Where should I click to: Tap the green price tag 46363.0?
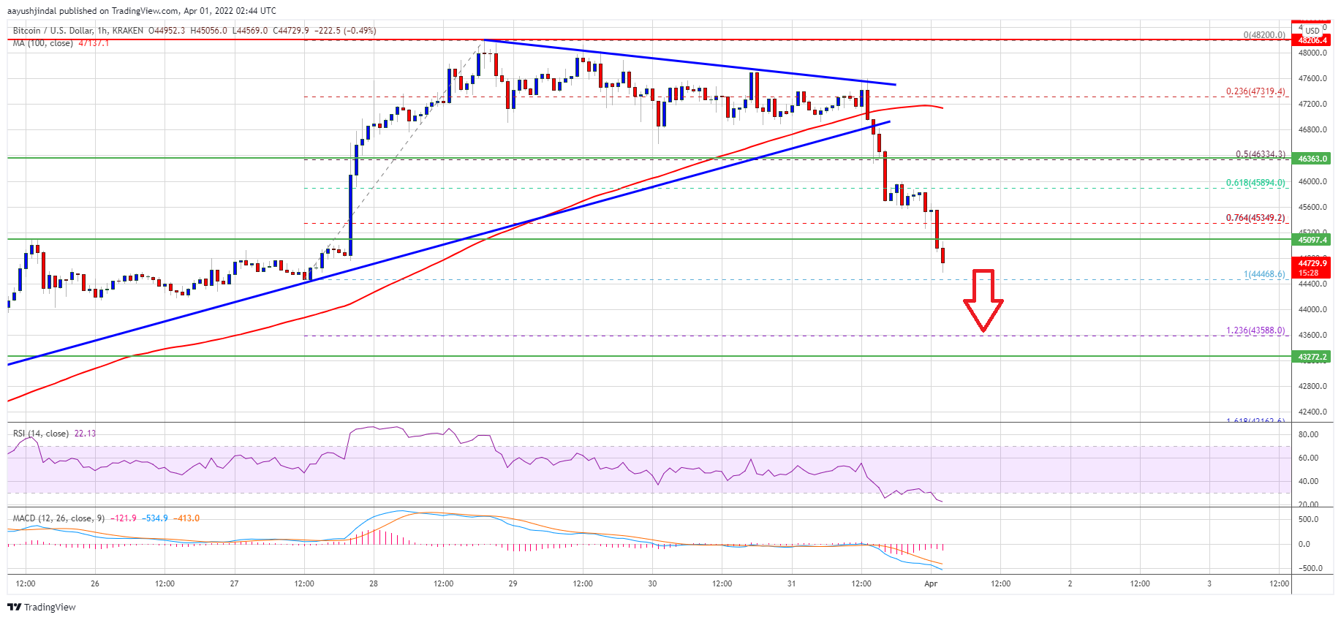coord(1312,159)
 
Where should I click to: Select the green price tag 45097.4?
coord(1312,240)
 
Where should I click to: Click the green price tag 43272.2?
coord(1312,357)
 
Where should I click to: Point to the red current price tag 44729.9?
coord(1312,268)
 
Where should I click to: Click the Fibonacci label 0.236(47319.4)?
coord(1255,92)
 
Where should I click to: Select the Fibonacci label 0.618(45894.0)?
coord(1255,183)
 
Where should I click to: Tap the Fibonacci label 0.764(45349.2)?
coord(1255,218)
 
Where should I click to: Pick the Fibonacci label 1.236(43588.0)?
coord(1255,330)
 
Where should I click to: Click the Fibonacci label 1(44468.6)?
coord(1263,274)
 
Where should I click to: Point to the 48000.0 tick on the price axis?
coord(1312,53)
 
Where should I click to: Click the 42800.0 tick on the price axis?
coord(1312,386)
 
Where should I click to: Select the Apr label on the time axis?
coord(931,583)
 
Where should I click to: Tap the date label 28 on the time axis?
coord(374,583)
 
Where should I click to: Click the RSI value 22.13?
coord(85,434)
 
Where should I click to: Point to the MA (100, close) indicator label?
coord(43,43)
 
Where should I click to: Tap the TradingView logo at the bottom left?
coord(42,607)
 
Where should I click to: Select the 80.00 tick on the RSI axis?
coord(1308,434)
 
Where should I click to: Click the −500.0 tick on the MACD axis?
coord(1307,568)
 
